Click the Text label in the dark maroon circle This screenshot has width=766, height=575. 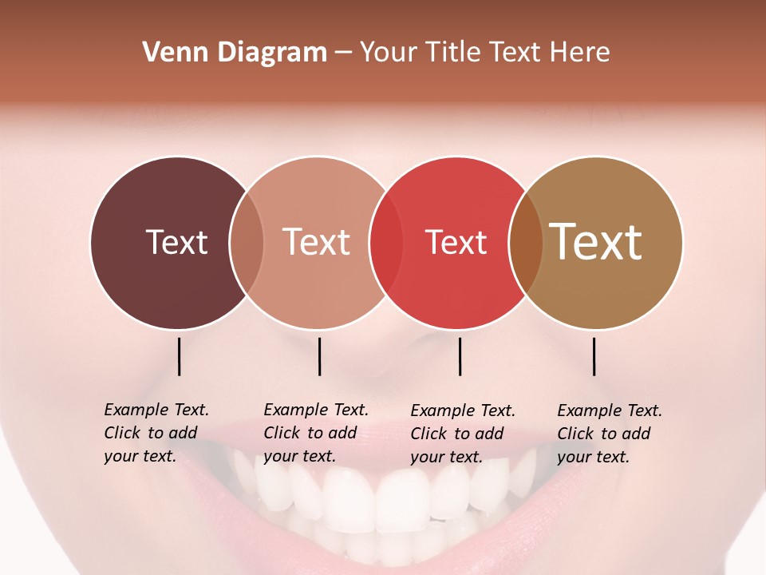[x=176, y=242]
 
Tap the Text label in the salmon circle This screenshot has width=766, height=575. [x=317, y=242]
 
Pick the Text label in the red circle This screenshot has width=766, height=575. [x=456, y=242]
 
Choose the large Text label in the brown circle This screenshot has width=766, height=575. [x=596, y=242]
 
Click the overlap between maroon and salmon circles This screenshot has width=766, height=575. [x=247, y=242]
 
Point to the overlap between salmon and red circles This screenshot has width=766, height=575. [x=386, y=242]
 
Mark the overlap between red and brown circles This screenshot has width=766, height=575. [x=526, y=242]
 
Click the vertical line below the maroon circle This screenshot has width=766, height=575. [x=179, y=356]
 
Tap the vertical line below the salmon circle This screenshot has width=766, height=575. [x=319, y=356]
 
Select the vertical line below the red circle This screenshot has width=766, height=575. [x=460, y=356]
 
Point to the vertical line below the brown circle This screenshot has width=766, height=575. [x=594, y=356]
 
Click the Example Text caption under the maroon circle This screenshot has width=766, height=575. [x=156, y=433]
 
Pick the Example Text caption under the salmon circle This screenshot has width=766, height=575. [x=315, y=433]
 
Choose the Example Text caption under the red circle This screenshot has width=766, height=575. [x=462, y=434]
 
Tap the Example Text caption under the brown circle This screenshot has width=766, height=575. [x=609, y=434]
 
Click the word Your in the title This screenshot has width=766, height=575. [x=389, y=53]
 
